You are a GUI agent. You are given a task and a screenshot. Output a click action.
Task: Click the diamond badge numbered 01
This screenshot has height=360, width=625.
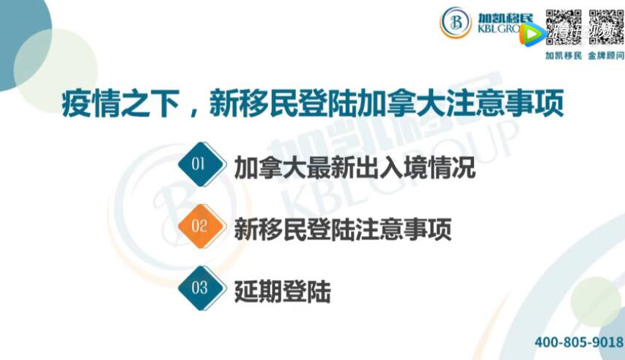pyautogui.click(x=202, y=164)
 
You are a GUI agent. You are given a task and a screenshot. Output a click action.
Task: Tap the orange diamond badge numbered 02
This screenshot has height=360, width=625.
pyautogui.click(x=202, y=226)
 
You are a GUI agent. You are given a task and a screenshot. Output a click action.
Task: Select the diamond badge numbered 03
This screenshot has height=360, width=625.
pyautogui.click(x=202, y=288)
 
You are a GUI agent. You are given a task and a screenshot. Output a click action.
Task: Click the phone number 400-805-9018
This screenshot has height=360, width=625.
pyautogui.click(x=579, y=342)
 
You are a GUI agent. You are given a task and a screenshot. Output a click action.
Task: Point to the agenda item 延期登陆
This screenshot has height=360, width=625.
pyautogui.click(x=283, y=292)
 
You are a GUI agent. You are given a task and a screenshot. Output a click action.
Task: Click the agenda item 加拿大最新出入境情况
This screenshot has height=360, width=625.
pyautogui.click(x=355, y=167)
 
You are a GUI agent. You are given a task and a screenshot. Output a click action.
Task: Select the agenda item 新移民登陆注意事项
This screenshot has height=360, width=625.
pyautogui.click(x=343, y=229)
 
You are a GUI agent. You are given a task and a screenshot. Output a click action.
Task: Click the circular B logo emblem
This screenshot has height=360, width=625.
pyautogui.click(x=456, y=22)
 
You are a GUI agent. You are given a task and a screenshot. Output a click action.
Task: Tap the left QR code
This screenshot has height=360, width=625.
pyautogui.click(x=563, y=26)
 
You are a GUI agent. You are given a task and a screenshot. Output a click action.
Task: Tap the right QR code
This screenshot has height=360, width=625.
pyautogui.click(x=606, y=26)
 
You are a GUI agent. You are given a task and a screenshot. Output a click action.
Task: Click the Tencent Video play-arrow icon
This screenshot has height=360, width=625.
pyautogui.click(x=533, y=34)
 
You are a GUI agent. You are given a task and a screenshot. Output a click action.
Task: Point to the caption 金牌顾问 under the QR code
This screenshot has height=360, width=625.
pyautogui.click(x=606, y=56)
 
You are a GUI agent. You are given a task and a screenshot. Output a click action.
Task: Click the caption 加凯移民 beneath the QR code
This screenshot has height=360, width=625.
pyautogui.click(x=563, y=56)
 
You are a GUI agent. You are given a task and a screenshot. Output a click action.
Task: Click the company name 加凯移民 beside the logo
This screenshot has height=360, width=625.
pyautogui.click(x=506, y=18)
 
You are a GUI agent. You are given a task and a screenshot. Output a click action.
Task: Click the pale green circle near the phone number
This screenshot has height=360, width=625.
pyautogui.click(x=596, y=302)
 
